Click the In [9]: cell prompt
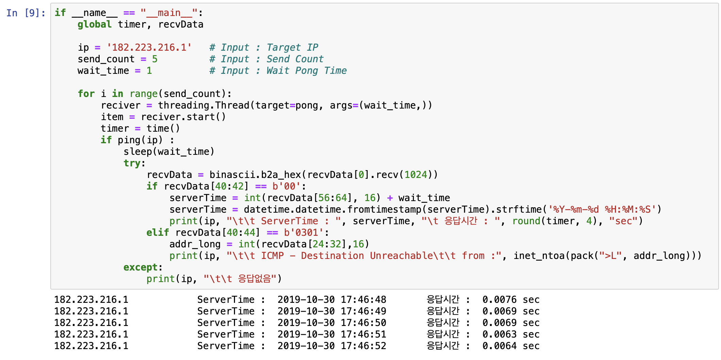26,13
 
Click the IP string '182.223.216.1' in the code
149,47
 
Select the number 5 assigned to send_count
155,59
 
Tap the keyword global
94,24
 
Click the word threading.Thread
203,105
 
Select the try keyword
132,163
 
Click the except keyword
140,267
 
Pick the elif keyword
157,233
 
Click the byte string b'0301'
304,233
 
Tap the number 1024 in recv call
416,175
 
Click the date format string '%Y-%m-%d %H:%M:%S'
602,210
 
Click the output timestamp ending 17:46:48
332,300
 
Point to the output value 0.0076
499,300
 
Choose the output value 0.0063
499,334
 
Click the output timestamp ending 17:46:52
332,346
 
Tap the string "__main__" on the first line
169,13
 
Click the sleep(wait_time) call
169,152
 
